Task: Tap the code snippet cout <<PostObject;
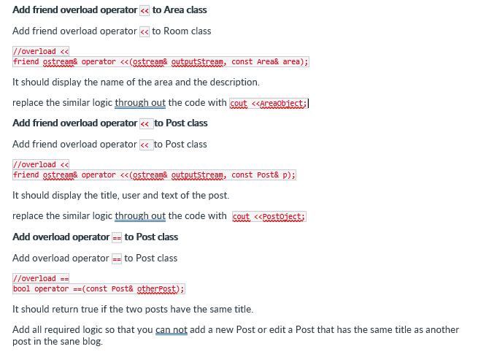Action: point(269,217)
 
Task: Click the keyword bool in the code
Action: point(22,289)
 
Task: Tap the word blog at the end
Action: point(93,342)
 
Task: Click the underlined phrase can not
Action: point(172,330)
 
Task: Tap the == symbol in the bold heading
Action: point(117,237)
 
